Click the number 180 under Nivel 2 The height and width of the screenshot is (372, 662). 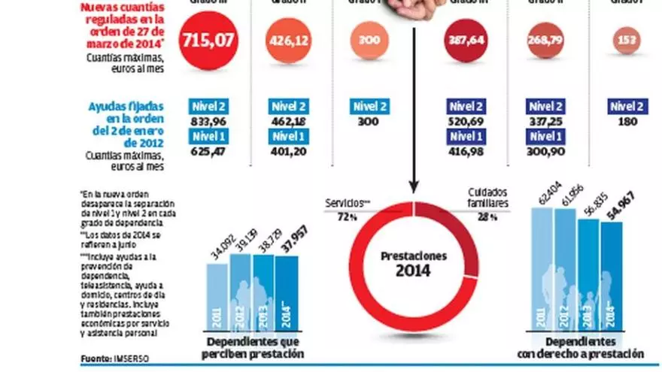pos(627,121)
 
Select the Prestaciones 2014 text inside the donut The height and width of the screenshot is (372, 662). pos(413,262)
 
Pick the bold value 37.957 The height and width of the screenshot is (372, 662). pos(287,246)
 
